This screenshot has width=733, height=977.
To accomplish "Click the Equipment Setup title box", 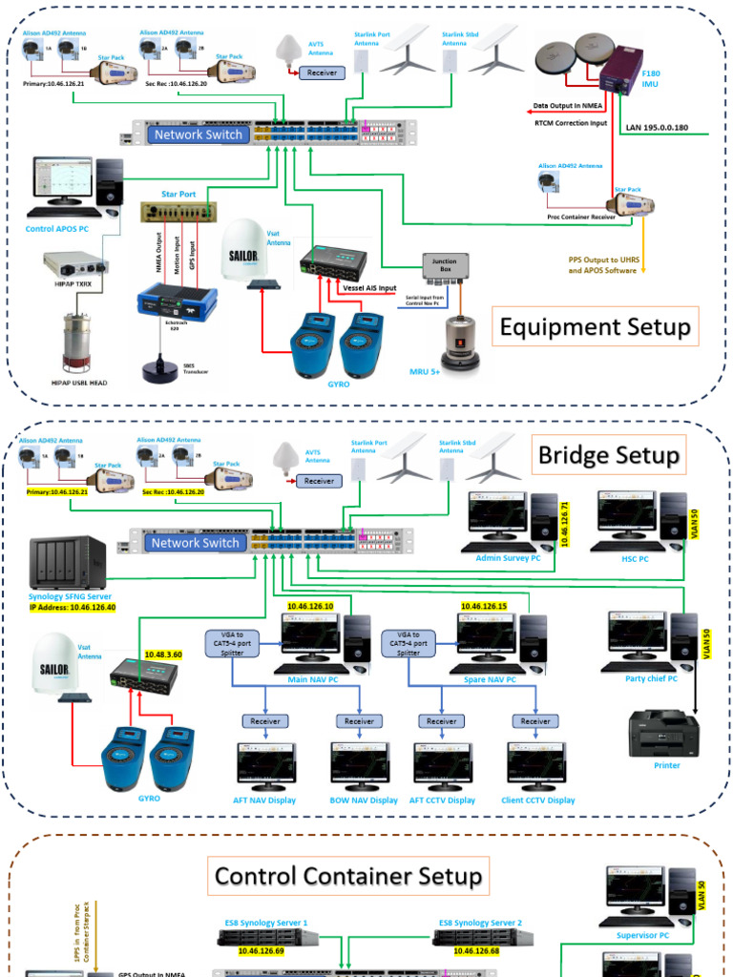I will [596, 327].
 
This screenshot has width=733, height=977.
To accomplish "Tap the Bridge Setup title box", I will [609, 455].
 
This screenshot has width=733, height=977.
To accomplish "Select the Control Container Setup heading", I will [348, 876].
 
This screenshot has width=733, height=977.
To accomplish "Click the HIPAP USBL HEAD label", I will [79, 382].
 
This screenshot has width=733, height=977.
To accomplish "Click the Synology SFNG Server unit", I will [68, 564].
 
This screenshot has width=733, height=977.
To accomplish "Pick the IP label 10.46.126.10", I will [310, 606].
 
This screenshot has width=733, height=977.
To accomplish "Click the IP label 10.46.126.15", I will [484, 606].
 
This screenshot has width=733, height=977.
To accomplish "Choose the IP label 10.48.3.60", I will [164, 655].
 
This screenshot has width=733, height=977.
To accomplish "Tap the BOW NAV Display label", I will [363, 800].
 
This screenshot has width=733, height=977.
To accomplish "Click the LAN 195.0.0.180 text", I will [660, 126].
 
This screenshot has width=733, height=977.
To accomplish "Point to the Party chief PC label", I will [651, 678].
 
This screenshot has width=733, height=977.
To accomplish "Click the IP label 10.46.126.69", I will [262, 950].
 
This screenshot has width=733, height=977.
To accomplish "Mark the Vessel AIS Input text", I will [370, 287].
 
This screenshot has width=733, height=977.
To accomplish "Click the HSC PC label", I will [635, 558].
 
